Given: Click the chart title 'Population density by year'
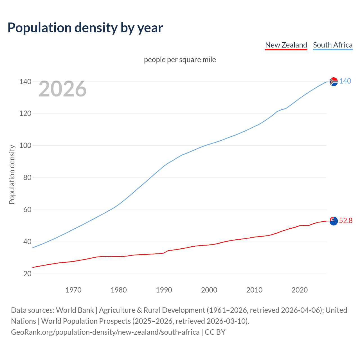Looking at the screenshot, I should click(85, 28).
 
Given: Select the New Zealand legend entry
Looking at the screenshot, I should click(286, 45).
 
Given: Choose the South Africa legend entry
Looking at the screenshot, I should click(333, 45).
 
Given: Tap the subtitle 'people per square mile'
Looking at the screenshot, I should click(180, 60).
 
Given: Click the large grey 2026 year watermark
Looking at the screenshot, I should click(62, 89).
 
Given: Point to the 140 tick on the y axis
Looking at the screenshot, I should click(25, 82).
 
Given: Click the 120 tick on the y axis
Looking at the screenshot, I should click(25, 114).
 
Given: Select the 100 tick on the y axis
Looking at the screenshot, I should click(25, 146).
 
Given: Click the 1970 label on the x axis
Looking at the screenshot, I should click(73, 290).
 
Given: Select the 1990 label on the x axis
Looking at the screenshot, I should click(164, 290).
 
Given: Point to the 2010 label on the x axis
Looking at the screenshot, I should click(254, 290).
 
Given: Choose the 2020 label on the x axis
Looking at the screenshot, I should click(300, 290).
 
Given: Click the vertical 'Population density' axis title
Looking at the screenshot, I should click(12, 174).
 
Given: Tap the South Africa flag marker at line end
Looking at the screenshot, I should click(334, 82).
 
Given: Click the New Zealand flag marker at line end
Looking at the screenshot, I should click(334, 221).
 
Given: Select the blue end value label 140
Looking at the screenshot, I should click(345, 81).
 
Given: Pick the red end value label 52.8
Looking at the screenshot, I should click(346, 220).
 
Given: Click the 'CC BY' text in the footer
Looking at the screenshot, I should click(215, 332).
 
